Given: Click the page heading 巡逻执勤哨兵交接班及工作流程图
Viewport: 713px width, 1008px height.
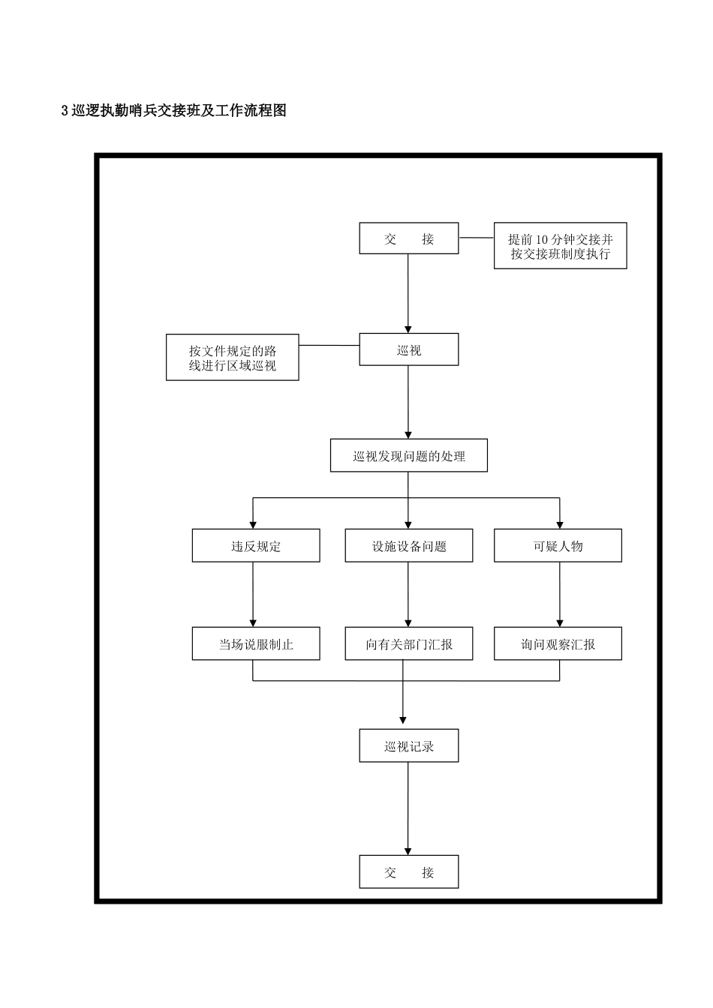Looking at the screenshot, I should click(x=174, y=111).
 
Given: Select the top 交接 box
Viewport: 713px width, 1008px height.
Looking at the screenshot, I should click(x=408, y=238).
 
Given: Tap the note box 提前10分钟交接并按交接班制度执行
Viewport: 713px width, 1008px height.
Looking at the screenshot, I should click(x=560, y=246).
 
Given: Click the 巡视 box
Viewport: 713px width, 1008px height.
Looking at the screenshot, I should click(x=408, y=349).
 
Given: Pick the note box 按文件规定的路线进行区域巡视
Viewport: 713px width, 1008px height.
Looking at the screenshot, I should click(x=232, y=358).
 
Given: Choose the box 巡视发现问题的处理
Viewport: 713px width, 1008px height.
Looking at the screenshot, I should click(x=408, y=455).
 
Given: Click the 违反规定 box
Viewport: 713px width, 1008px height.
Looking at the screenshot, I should click(x=255, y=545).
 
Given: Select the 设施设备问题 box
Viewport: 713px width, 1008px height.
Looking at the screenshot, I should click(x=408, y=545).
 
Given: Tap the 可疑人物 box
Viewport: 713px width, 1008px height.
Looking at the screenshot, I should click(x=558, y=545).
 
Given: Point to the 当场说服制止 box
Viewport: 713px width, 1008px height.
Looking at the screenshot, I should click(x=255, y=643).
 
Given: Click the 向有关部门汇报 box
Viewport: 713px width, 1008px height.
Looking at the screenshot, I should click(x=408, y=643).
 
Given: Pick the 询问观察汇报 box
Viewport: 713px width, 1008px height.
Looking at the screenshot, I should click(x=558, y=643).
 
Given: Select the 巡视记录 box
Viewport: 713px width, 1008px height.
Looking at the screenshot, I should click(x=408, y=746).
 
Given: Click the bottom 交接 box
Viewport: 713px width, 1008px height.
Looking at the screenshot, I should click(x=408, y=871).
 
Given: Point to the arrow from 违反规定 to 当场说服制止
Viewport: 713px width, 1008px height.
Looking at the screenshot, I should click(x=253, y=594).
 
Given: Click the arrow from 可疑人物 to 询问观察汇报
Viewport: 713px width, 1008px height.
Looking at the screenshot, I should click(x=560, y=594).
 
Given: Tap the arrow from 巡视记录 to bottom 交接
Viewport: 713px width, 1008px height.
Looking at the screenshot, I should click(x=408, y=808).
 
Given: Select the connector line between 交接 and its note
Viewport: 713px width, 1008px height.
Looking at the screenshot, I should click(x=476, y=238).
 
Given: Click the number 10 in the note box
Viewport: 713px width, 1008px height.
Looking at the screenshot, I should click(x=543, y=239).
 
